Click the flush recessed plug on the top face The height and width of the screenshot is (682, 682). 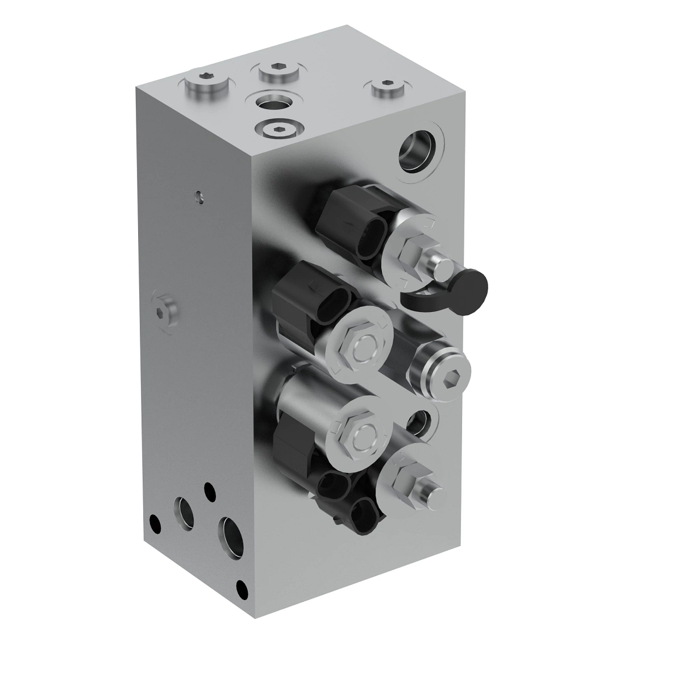277,129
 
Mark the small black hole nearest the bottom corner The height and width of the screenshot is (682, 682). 243,586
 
